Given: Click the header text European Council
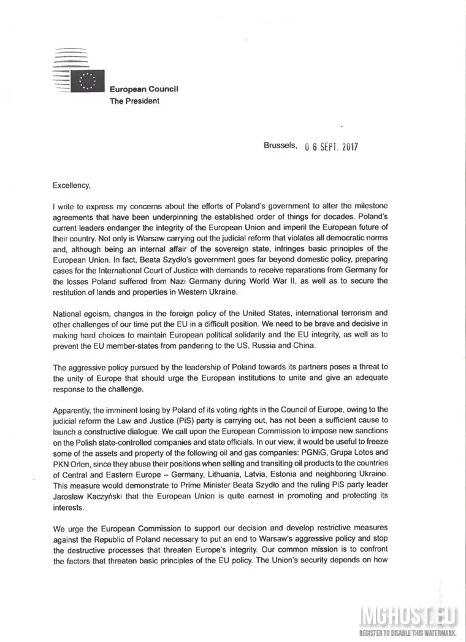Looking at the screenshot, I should click(144, 90).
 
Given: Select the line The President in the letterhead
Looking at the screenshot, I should click(134, 101).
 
